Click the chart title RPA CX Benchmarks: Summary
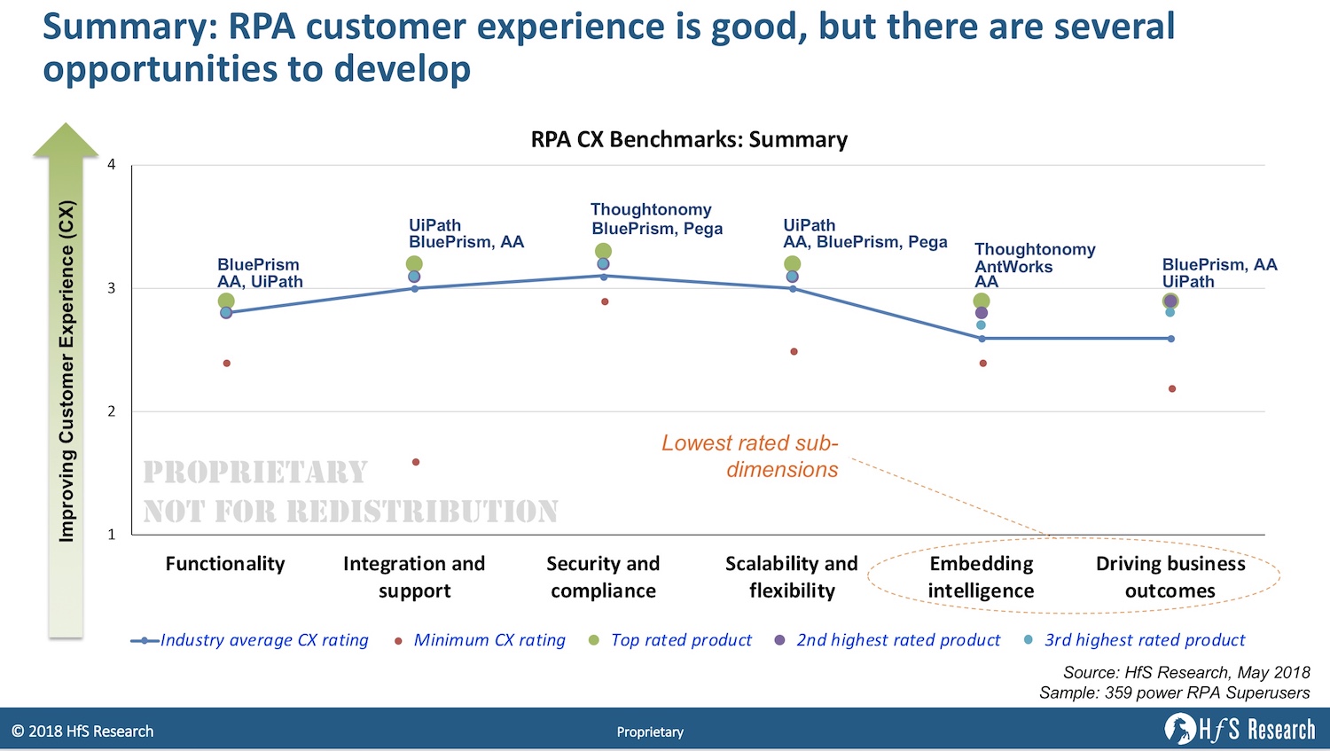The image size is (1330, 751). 689,140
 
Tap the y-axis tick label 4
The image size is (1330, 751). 112,165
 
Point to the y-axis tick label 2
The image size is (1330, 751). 112,411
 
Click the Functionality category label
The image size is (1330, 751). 225,564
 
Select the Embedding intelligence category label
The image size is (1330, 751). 981,577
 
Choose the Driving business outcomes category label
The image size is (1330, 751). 1170,577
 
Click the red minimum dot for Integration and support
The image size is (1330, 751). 416,462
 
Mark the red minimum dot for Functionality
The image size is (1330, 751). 227,364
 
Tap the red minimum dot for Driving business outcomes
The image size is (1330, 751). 1172,388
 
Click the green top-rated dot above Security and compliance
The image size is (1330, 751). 603,252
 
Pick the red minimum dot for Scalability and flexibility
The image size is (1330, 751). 794,352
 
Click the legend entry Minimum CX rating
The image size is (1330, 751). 489,640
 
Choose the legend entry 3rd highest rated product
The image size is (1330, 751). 1144,640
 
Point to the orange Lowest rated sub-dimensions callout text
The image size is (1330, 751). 750,456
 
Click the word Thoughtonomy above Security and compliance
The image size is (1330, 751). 651,210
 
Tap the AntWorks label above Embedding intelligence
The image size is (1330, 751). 1013,266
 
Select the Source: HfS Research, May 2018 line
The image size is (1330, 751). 1186,673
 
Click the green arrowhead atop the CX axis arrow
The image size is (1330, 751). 66,140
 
